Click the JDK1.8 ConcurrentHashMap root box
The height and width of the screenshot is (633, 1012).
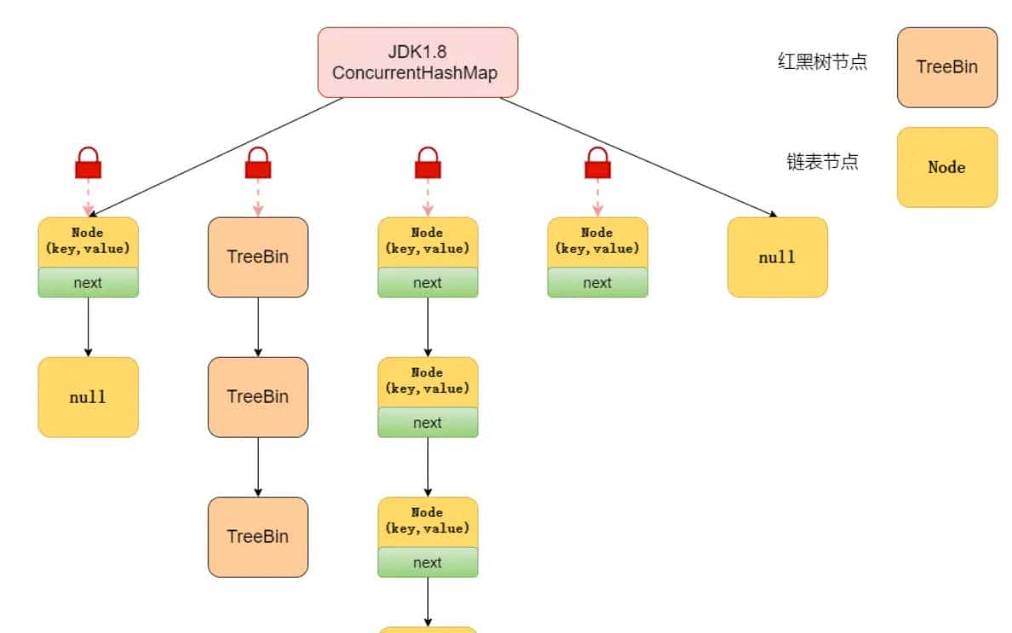417,61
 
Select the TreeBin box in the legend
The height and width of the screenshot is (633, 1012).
946,67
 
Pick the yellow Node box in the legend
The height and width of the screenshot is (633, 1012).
946,167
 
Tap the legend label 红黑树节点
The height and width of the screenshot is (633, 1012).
822,61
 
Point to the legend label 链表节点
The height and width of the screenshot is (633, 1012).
822,162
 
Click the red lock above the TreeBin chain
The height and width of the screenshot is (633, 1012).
258,163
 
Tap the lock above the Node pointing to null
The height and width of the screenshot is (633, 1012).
89,163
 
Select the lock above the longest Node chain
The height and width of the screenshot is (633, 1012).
427,163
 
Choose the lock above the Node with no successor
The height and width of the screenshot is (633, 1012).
597,163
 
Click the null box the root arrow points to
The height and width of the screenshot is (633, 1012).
777,256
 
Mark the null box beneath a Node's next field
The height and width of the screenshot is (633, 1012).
88,397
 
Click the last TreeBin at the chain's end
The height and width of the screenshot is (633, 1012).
258,537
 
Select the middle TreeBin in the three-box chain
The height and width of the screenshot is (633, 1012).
258,397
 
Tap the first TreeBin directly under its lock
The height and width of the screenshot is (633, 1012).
258,256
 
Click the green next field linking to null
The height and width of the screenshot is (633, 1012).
88,283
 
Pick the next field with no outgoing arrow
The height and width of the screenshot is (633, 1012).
597,283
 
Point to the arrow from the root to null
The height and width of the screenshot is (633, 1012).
638,158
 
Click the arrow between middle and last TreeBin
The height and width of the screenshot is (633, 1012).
258,467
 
